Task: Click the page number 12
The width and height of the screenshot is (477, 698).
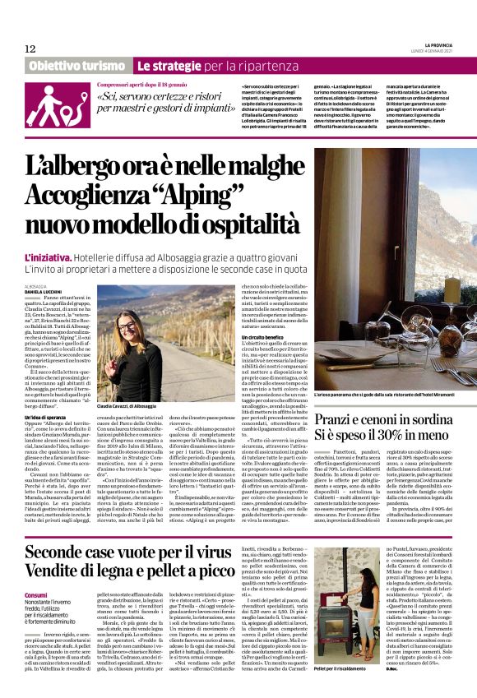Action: (30, 49)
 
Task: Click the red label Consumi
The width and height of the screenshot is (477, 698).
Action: (36, 571)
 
